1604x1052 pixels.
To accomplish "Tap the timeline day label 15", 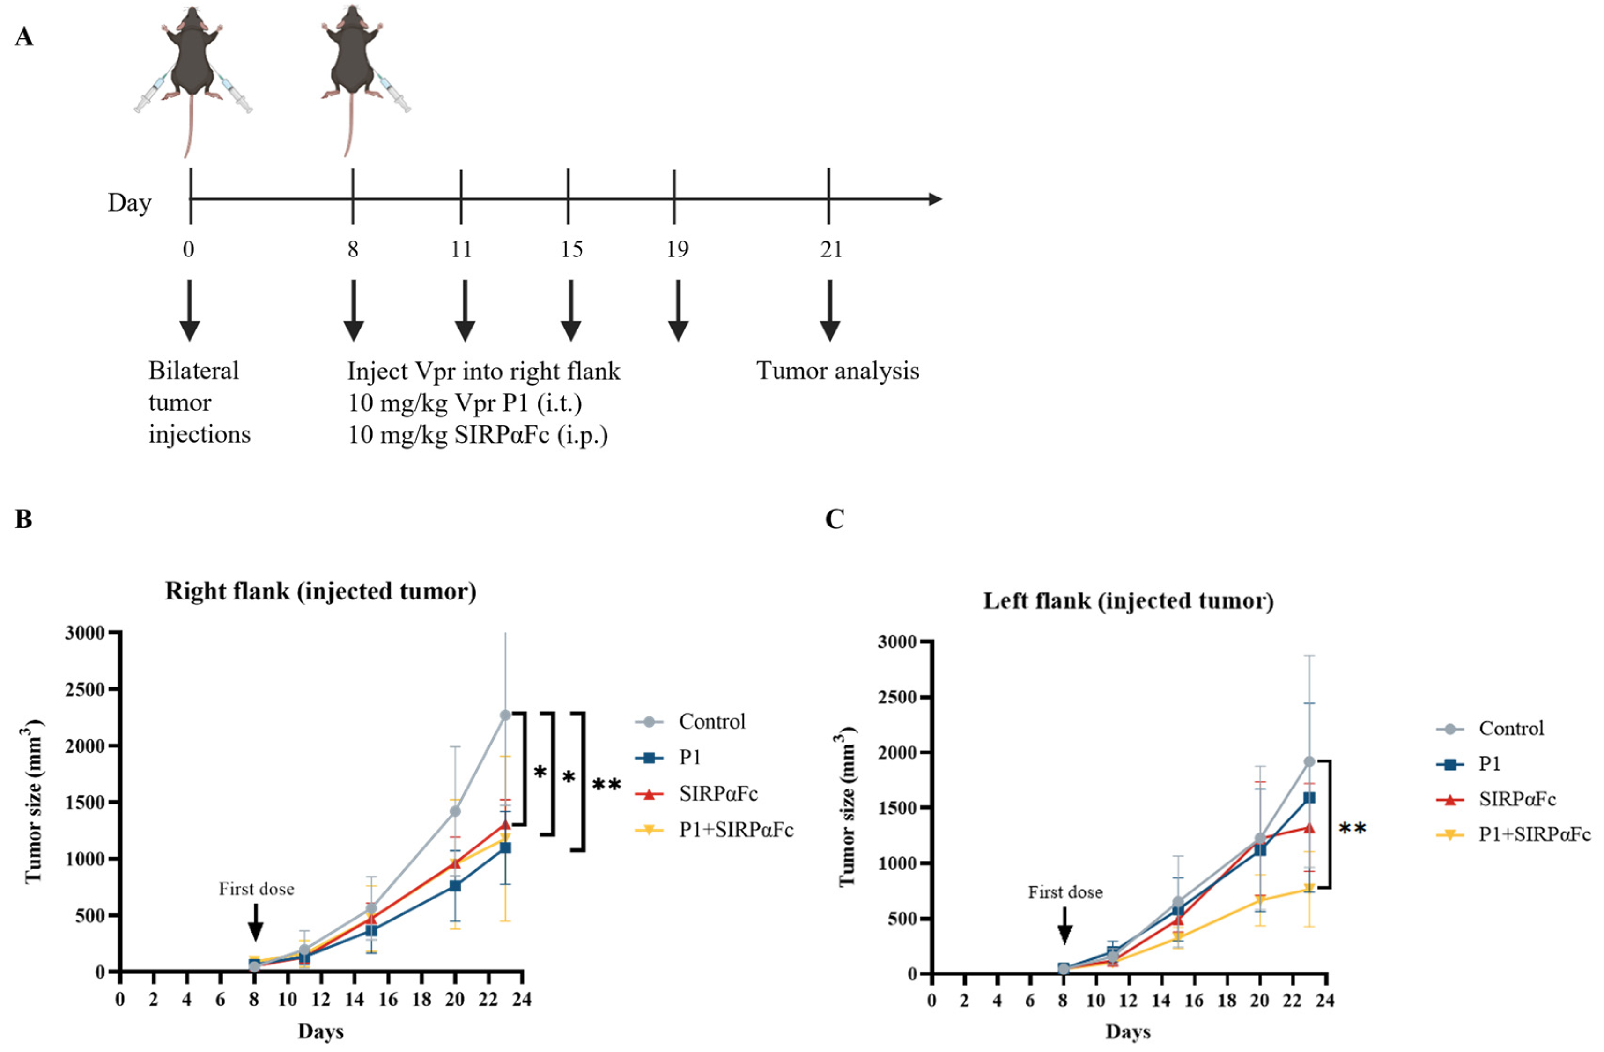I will point(571,250).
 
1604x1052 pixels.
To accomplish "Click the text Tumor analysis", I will point(837,371).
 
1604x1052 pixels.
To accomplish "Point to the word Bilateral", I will point(193,371).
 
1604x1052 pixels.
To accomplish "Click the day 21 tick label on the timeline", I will point(830,250).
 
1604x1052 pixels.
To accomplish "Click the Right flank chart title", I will point(320,592).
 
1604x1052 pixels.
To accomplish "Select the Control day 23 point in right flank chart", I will point(505,715).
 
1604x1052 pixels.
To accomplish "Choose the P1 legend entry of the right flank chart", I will point(689,758).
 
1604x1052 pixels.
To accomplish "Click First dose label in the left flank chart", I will point(1065,892).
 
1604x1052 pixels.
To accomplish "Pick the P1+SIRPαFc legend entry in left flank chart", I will point(1534,834).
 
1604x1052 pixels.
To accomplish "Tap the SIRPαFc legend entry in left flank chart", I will point(1516,799).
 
